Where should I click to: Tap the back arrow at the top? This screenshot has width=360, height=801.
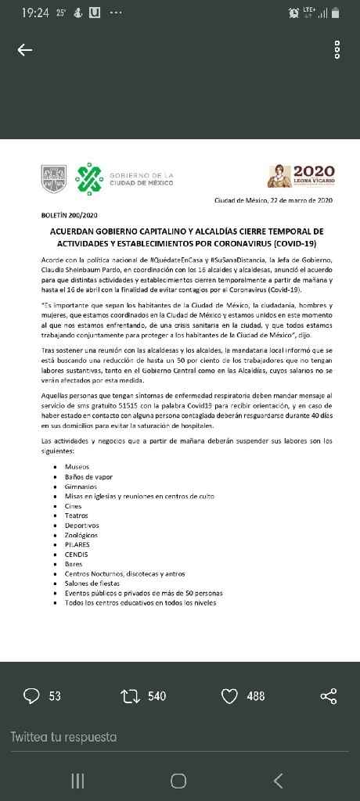pyautogui.click(x=25, y=50)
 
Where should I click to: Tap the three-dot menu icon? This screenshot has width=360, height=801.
pyautogui.click(x=337, y=50)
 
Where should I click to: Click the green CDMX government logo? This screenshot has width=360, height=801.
pyautogui.click(x=88, y=179)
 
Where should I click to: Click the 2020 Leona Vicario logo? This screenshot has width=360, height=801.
pyautogui.click(x=301, y=176)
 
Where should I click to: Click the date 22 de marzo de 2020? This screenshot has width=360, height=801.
pyautogui.click(x=274, y=200)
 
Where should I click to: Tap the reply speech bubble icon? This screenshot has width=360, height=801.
pyautogui.click(x=32, y=695)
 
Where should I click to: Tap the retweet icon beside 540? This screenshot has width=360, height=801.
pyautogui.click(x=129, y=695)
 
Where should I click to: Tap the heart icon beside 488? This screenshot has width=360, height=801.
pyautogui.click(x=229, y=695)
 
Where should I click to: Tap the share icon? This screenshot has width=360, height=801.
pyautogui.click(x=329, y=695)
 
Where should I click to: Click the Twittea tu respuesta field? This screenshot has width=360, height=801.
pyautogui.click(x=64, y=737)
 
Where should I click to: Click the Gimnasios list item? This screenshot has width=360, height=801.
pyautogui.click(x=81, y=486)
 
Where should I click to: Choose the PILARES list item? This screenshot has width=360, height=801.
pyautogui.click(x=77, y=544)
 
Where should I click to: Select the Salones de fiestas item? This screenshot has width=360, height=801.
pyautogui.click(x=92, y=584)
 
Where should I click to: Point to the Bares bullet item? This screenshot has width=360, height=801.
pyautogui.click(x=74, y=564)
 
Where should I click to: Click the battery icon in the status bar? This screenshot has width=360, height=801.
pyautogui.click(x=336, y=13)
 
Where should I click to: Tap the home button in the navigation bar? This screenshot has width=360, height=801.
pyautogui.click(x=178, y=780)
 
